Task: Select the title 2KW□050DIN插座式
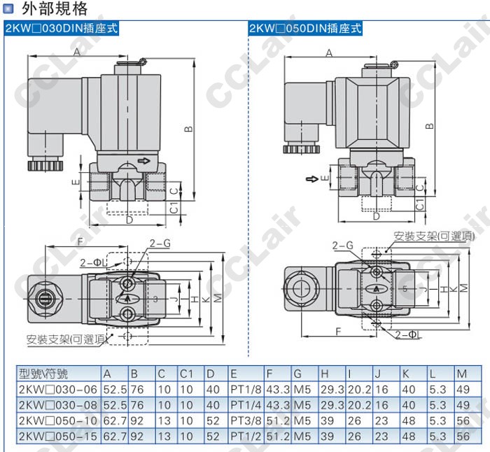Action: (x=305, y=29)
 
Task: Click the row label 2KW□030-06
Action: (x=50, y=389)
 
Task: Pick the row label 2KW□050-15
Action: (x=50, y=436)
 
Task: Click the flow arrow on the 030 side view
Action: (x=143, y=161)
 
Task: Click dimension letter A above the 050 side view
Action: (x=328, y=53)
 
